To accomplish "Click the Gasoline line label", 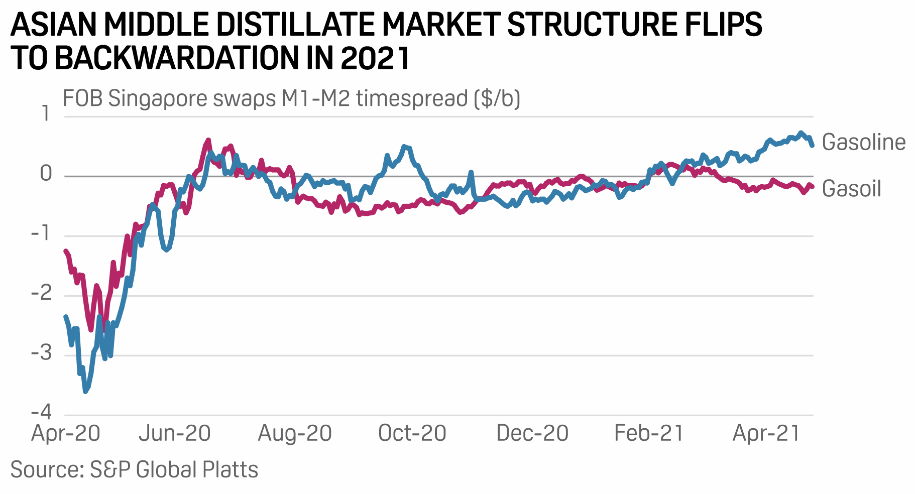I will click(x=863, y=143).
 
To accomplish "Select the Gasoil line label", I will click(x=851, y=189).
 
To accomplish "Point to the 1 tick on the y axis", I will click(x=46, y=114).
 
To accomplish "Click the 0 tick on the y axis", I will click(x=46, y=174).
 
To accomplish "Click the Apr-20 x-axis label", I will click(x=66, y=433).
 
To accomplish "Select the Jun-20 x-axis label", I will click(x=175, y=433).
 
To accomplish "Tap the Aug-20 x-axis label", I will click(x=295, y=433).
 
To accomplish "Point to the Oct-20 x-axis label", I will click(x=412, y=433).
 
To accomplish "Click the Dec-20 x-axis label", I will click(x=532, y=433).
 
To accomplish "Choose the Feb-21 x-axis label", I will click(x=649, y=433).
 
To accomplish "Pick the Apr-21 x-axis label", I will click(x=766, y=433).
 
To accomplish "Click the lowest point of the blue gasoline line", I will click(x=85, y=391).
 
